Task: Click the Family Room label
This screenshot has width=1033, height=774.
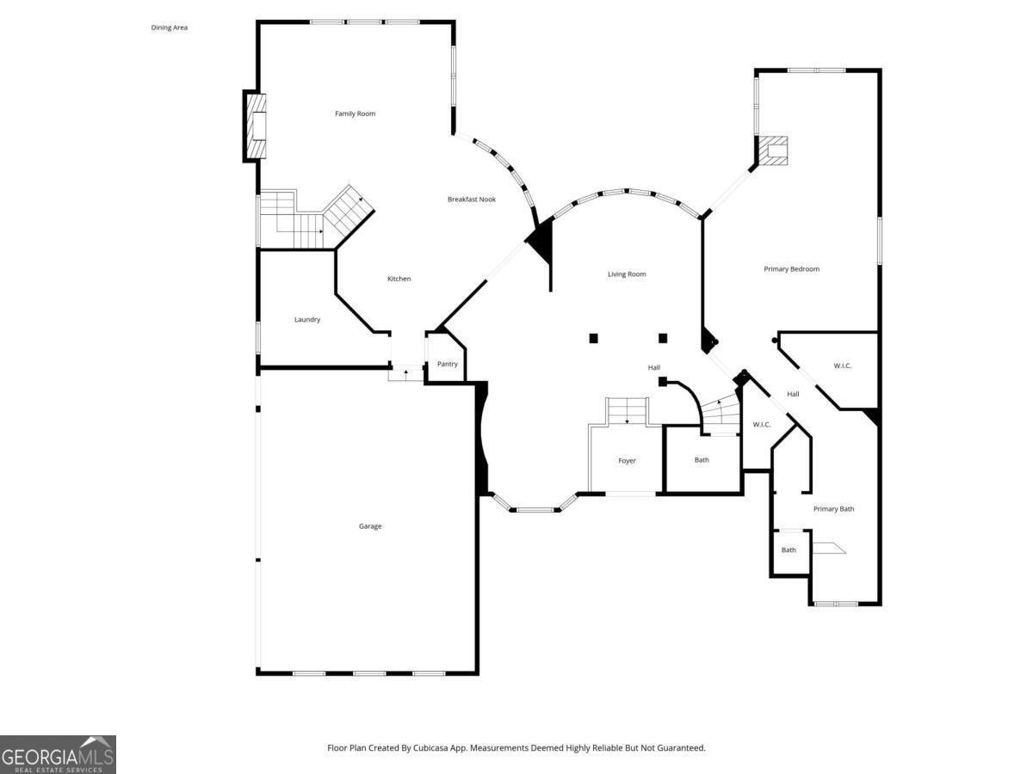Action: coord(355,114)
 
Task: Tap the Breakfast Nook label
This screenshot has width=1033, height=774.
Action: coord(471,200)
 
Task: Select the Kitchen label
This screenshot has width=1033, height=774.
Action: coord(399,279)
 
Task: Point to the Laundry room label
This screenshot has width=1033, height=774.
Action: coord(307,320)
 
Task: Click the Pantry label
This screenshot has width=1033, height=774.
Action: coord(447,364)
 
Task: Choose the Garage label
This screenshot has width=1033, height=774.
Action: coord(370,526)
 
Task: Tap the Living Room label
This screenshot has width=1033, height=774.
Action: coord(627,274)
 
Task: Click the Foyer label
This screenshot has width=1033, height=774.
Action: coord(627,461)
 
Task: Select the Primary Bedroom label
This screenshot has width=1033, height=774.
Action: coord(791,269)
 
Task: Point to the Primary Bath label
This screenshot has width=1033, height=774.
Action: coord(833,509)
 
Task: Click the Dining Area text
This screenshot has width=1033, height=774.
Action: coord(170,28)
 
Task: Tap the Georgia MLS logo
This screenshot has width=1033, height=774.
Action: coord(58,754)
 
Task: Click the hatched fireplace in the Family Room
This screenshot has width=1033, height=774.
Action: coord(257,126)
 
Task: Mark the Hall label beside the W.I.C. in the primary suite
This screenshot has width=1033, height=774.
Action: coord(793,395)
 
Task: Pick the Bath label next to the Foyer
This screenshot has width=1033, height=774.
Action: coord(702,460)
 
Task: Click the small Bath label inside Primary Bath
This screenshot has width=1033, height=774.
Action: coord(789,550)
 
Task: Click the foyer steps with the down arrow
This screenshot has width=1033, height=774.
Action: coord(627,411)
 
